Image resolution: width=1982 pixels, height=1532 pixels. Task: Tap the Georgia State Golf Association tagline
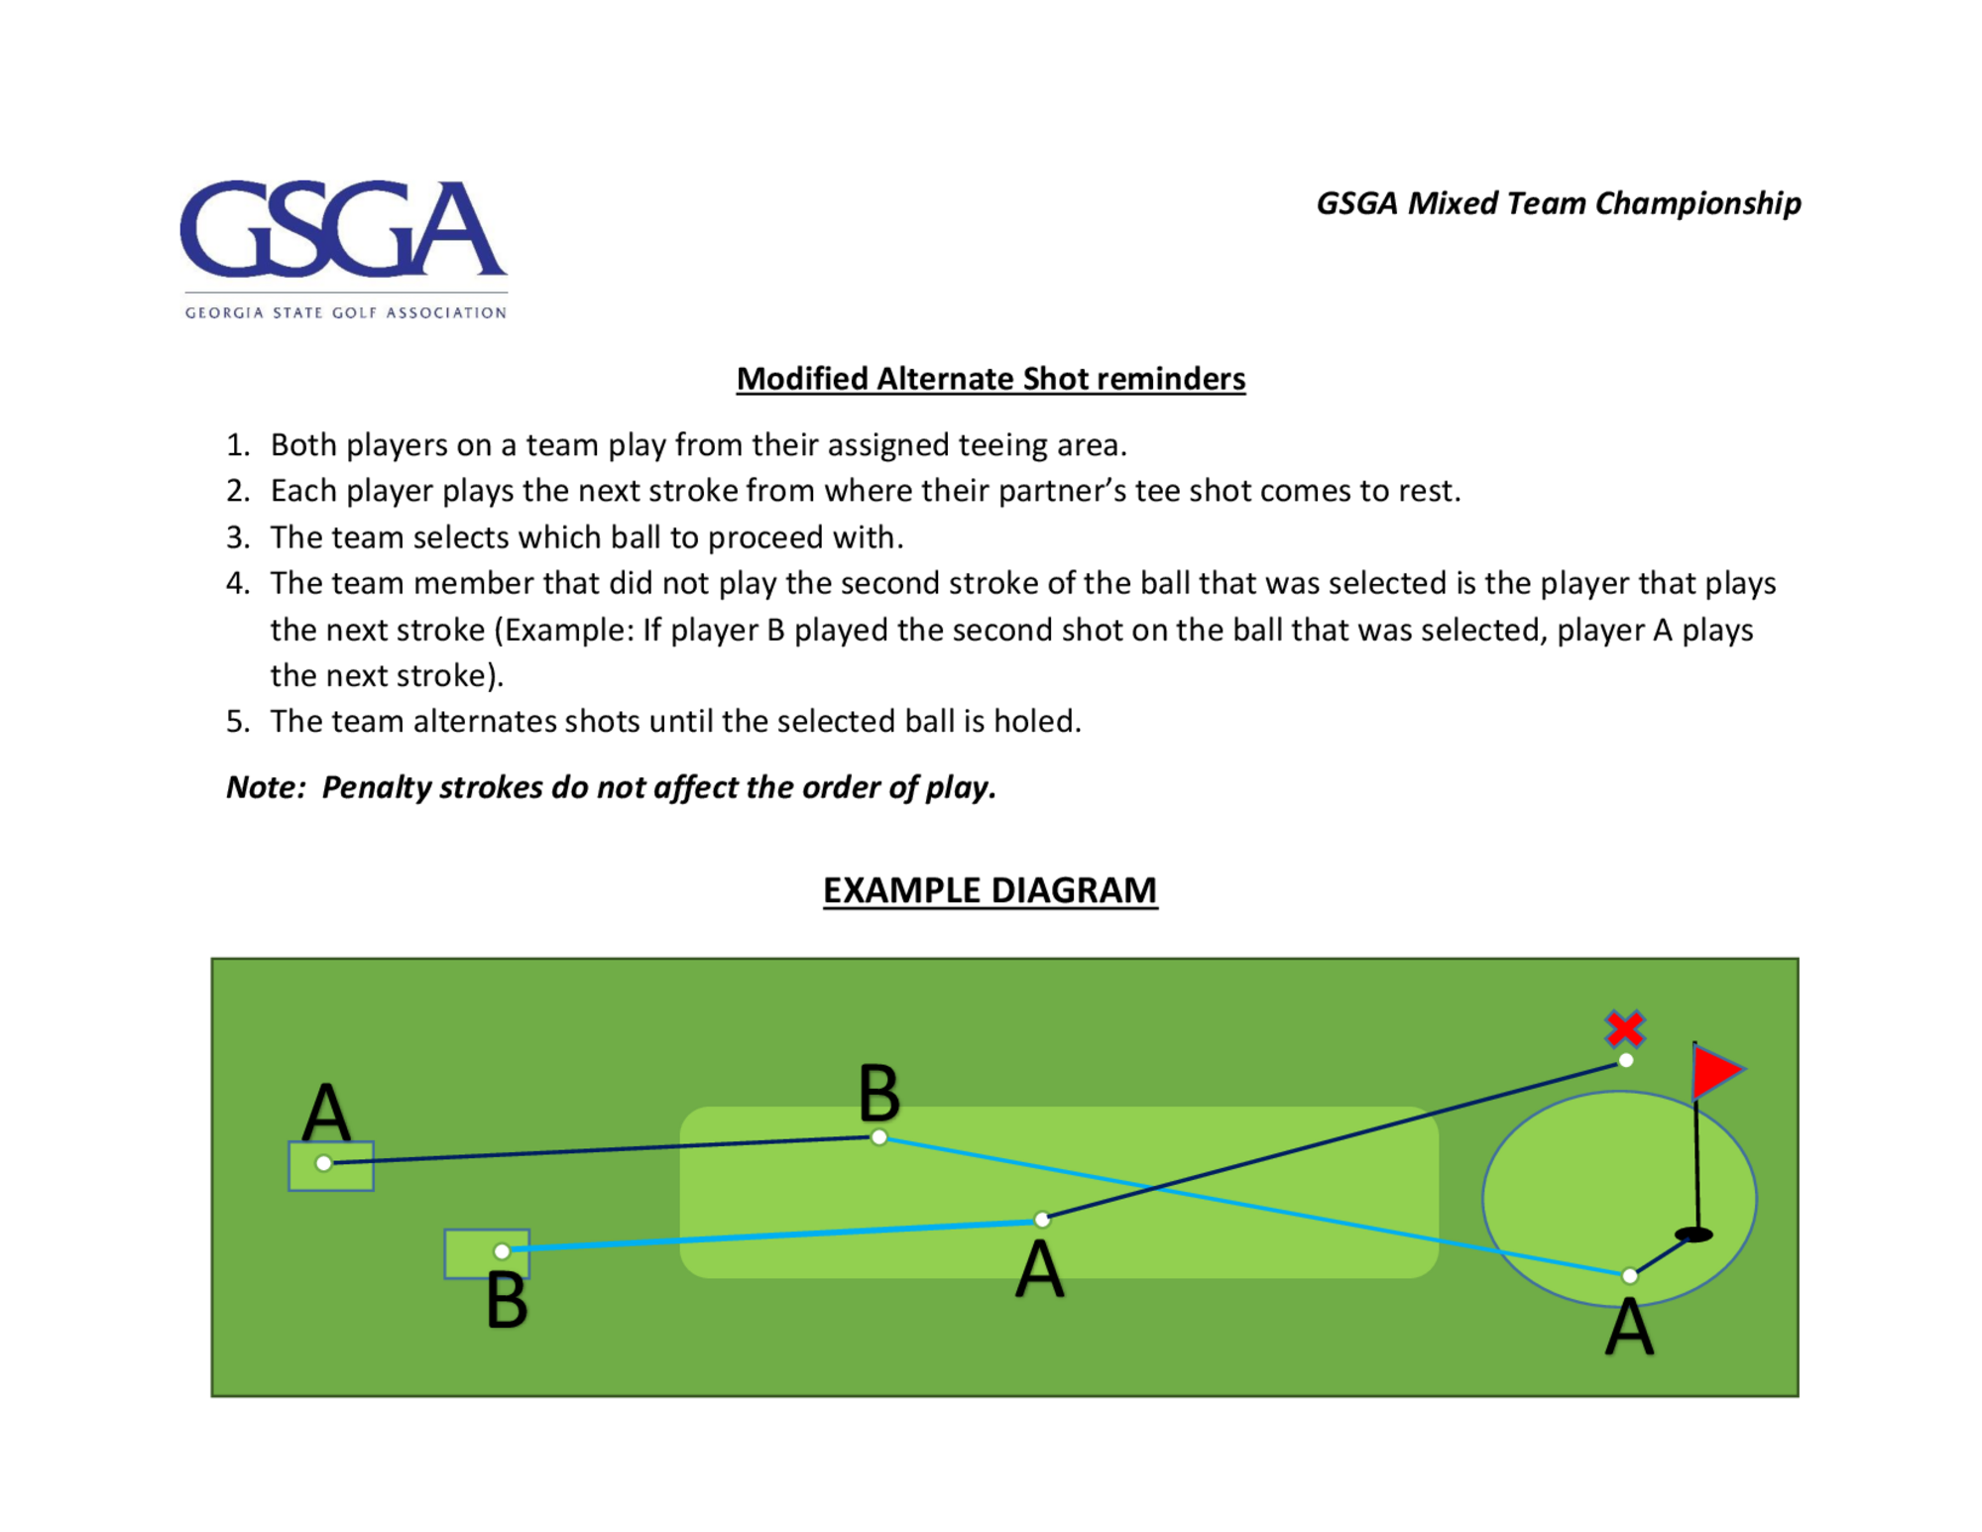click(x=345, y=312)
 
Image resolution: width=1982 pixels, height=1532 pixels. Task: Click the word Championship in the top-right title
click(x=1697, y=203)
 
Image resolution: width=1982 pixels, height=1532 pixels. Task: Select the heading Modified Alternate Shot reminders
click(x=990, y=379)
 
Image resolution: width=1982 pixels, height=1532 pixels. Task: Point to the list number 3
click(x=237, y=537)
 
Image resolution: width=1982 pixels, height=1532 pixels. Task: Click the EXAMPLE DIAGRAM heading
click(x=990, y=890)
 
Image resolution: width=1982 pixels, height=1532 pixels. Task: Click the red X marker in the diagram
click(x=1625, y=1028)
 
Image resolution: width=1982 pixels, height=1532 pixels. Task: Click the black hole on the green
click(x=1693, y=1235)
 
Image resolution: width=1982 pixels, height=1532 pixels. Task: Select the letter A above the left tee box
click(x=326, y=1113)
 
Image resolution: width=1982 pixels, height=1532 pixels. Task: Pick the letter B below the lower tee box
click(x=507, y=1301)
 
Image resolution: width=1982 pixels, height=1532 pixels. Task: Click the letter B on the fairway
click(x=878, y=1093)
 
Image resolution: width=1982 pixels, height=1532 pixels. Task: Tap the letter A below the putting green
click(x=1629, y=1327)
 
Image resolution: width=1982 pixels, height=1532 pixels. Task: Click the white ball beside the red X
click(x=1625, y=1061)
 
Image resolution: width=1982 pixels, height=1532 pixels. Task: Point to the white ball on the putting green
click(x=1629, y=1275)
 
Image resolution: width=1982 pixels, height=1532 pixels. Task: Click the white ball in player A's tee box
click(x=323, y=1163)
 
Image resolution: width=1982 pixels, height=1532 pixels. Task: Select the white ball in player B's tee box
click(x=502, y=1251)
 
